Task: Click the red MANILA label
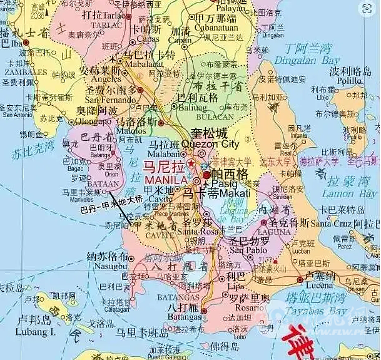[166, 180]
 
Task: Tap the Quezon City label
[215, 145]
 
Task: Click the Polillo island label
[349, 81]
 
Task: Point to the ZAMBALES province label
[24, 73]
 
